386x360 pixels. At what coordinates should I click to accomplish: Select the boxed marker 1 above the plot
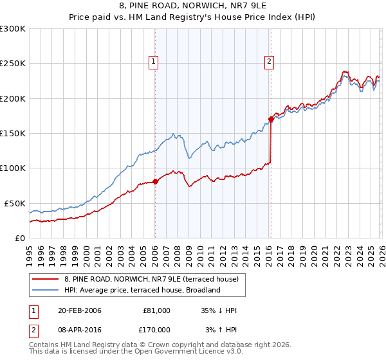click(154, 62)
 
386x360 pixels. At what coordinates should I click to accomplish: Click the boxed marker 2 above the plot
click(268, 62)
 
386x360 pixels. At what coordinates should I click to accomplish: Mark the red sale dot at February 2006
click(155, 181)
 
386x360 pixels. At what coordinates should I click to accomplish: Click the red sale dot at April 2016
click(271, 119)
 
